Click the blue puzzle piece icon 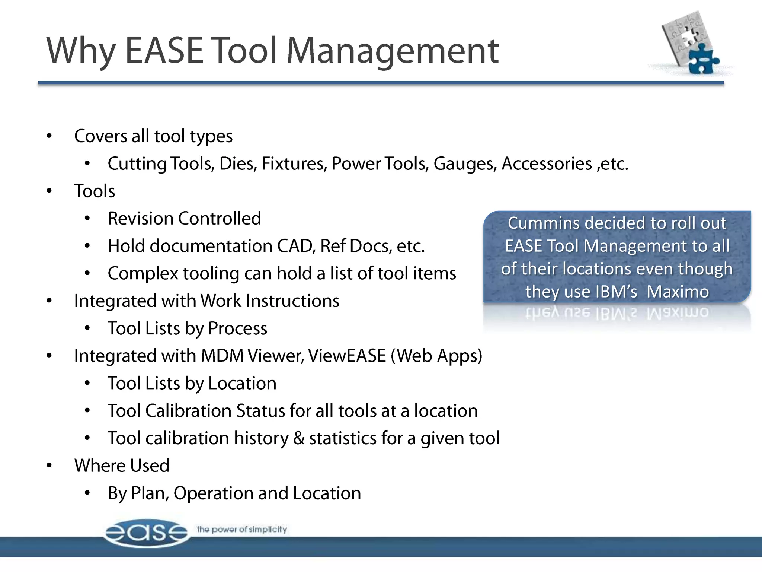coord(702,60)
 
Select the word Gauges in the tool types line coord(465,164)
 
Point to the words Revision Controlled coord(184,219)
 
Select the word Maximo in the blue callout coord(678,292)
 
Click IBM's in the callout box coord(616,292)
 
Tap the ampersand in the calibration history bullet coord(299,438)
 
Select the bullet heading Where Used coord(122,466)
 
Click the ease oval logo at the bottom coord(146,533)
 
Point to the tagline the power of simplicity coord(242,529)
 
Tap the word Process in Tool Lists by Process coord(237,328)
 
